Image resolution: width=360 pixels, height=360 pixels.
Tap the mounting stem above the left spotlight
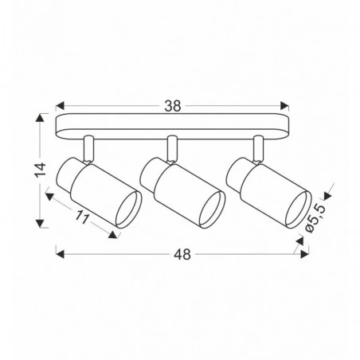pyautogui.click(x=90, y=147)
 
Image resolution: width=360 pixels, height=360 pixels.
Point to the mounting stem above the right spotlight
pyautogui.click(x=257, y=147)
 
